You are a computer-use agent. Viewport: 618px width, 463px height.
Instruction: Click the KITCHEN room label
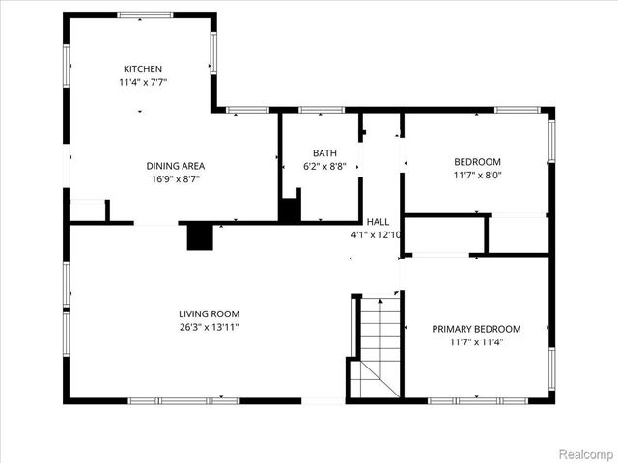(143, 68)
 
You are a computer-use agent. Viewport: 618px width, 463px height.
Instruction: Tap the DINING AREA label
(175, 165)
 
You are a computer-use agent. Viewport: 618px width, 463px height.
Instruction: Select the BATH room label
(323, 153)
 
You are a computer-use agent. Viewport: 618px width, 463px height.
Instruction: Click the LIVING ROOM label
(209, 313)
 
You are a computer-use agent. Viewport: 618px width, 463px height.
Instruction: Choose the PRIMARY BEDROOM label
(476, 329)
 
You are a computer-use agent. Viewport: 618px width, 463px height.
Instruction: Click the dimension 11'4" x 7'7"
(143, 82)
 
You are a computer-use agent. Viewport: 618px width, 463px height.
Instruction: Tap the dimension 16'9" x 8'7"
(175, 178)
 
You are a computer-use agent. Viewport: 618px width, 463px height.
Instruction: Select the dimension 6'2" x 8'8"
(323, 167)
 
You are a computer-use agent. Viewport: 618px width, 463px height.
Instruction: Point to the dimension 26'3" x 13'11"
(209, 327)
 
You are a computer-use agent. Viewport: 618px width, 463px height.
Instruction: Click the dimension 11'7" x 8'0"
(477, 175)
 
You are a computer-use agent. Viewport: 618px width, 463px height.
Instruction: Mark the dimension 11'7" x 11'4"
(476, 342)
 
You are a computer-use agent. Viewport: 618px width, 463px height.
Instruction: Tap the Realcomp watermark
(586, 452)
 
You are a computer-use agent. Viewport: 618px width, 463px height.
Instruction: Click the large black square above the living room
(200, 237)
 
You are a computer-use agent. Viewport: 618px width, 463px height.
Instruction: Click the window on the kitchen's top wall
(145, 14)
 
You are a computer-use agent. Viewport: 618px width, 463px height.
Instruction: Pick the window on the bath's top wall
(316, 110)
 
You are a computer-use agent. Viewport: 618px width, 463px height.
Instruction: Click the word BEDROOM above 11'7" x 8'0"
(477, 161)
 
